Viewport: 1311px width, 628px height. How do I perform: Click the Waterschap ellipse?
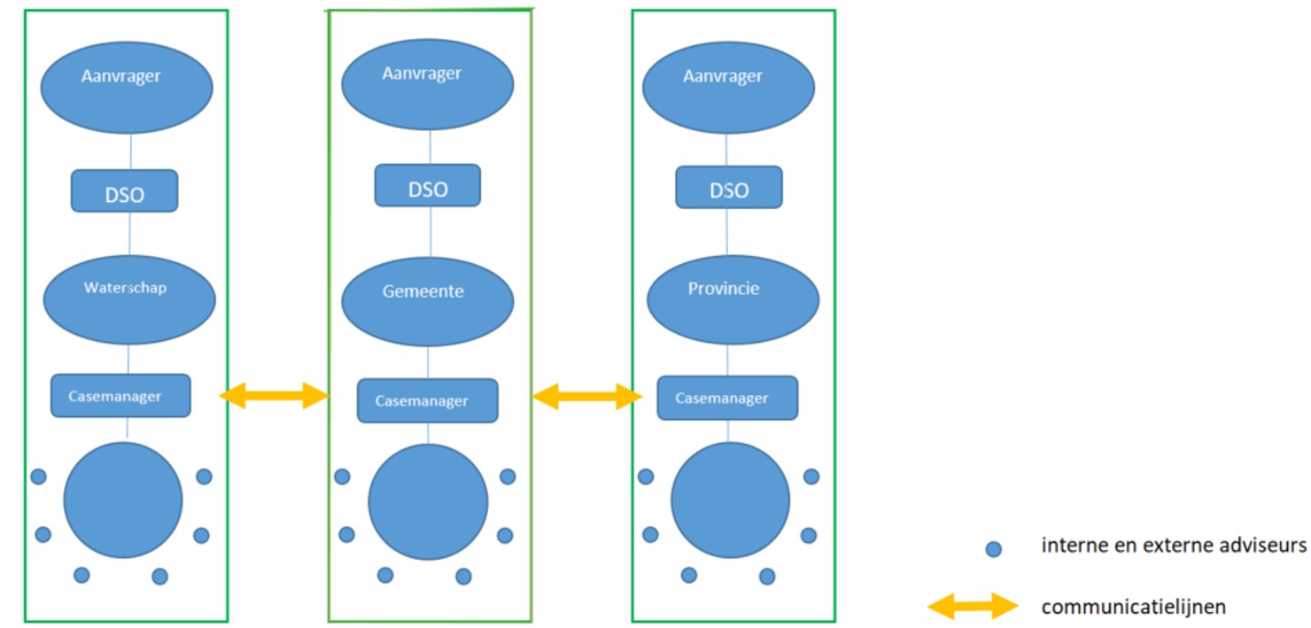point(129,299)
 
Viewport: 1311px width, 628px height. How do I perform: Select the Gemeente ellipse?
point(428,301)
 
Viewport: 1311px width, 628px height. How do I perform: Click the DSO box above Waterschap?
point(124,190)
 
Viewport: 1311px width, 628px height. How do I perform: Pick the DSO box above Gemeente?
point(428,185)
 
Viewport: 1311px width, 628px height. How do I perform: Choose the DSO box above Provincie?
point(729,187)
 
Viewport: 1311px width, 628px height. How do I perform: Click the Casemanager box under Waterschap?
point(120,395)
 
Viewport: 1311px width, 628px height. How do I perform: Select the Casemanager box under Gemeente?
point(428,400)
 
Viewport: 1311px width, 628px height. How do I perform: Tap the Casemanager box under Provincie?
point(727,398)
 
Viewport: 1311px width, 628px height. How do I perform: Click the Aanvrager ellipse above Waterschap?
point(127,87)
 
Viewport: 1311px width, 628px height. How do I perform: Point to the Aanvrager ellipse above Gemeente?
point(428,84)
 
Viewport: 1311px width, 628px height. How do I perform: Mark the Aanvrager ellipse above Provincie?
point(728,88)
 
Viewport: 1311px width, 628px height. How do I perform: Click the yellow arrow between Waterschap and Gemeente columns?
point(274,396)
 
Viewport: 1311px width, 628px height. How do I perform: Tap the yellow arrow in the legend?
point(973,606)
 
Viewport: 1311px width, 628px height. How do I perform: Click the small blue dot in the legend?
point(994,549)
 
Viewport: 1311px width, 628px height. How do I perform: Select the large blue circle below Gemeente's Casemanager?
point(428,501)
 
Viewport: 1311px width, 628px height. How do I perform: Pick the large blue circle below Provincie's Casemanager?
point(730,500)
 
